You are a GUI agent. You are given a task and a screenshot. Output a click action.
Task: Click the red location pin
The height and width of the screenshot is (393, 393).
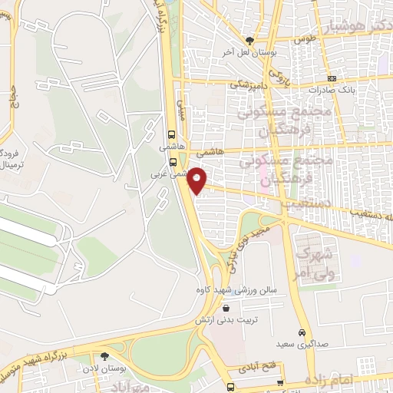click(x=197, y=180)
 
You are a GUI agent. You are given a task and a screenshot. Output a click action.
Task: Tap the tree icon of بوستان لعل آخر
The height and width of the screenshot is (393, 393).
click(x=248, y=41)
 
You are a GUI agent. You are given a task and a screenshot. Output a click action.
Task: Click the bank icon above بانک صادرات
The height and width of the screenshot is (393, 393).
click(x=331, y=78)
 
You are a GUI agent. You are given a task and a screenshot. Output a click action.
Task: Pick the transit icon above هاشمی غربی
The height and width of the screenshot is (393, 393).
click(x=173, y=162)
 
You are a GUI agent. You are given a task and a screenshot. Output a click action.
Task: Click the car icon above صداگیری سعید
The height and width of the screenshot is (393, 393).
click(x=302, y=332)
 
